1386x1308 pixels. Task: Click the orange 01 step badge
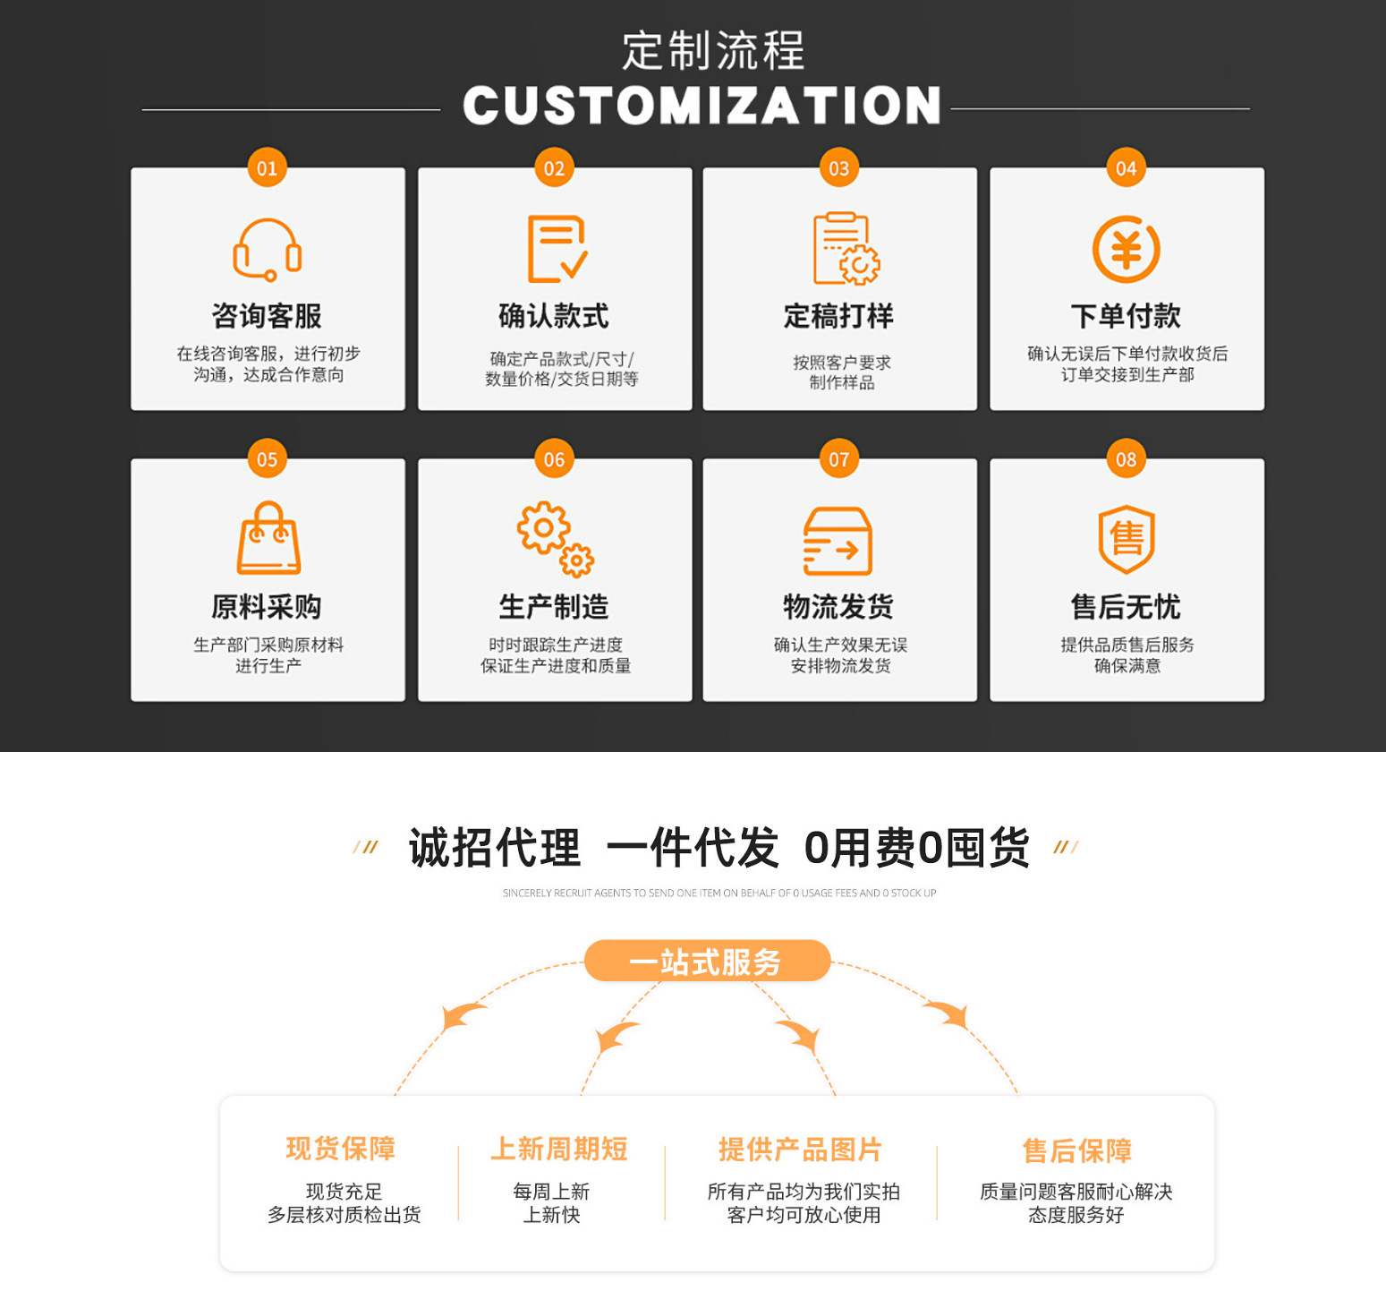pos(267,168)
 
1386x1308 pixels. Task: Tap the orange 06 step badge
pos(554,459)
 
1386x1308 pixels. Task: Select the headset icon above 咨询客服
pos(267,250)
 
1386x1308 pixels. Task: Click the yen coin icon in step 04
pos(1126,250)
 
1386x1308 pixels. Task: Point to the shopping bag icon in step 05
pos(268,539)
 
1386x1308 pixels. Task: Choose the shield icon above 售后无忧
pos(1126,539)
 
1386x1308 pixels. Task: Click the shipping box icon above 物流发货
pos(838,541)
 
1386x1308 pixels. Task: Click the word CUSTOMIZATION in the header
pos(702,106)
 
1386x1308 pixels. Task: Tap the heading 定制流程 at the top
pos(713,50)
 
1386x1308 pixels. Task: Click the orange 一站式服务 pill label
pos(707,962)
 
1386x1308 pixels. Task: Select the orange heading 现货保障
pos(341,1149)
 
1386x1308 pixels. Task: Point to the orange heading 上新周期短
pos(558,1149)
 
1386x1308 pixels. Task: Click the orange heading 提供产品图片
pos(800,1149)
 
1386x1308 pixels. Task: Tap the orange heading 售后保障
pos(1076,1150)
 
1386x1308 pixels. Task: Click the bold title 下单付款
pos(1126,316)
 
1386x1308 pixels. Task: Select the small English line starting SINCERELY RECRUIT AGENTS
pos(719,893)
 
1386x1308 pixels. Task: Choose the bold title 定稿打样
pos(838,316)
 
